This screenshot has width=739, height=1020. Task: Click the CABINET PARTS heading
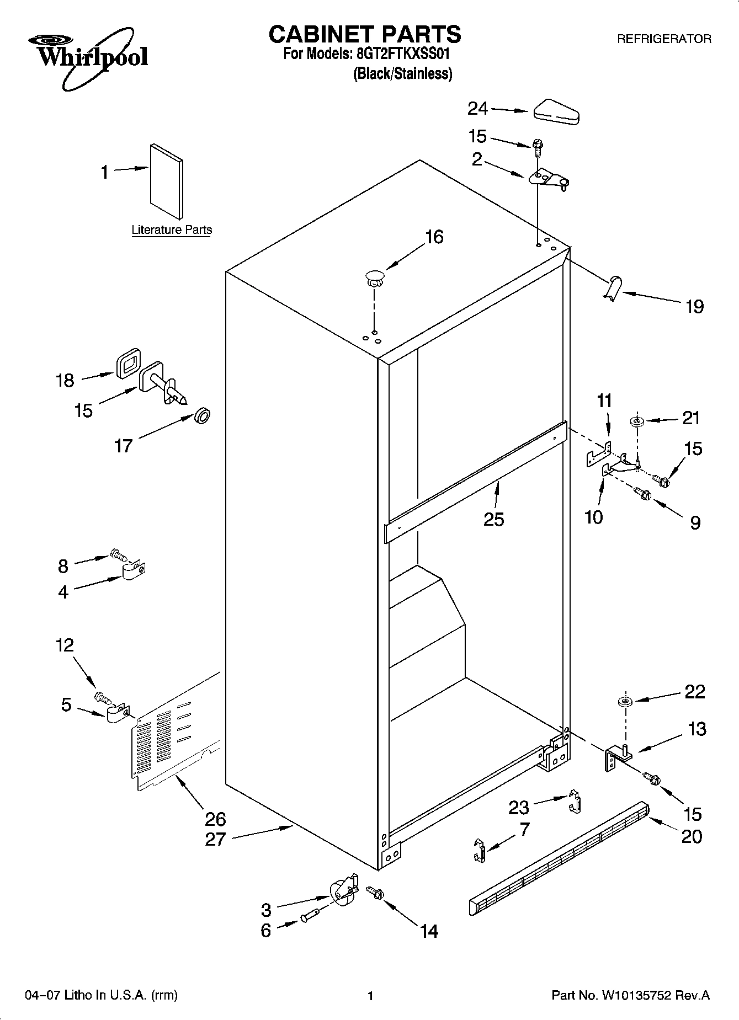[x=364, y=34]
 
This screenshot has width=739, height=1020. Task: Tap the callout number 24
[x=477, y=109]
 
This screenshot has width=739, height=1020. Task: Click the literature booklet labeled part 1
[x=166, y=182]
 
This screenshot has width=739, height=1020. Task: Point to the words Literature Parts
[x=172, y=230]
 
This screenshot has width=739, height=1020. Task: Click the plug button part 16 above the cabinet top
[x=375, y=277]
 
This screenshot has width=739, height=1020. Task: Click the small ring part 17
[x=203, y=415]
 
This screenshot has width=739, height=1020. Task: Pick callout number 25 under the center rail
[x=493, y=519]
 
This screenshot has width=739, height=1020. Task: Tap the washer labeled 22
[x=625, y=702]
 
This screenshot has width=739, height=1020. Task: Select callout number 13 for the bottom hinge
[x=697, y=729]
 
